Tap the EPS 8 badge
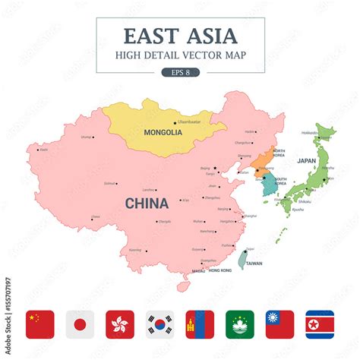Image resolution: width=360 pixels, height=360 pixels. pyautogui.click(x=181, y=72)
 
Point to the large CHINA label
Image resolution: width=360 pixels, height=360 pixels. pyautogui.click(x=147, y=203)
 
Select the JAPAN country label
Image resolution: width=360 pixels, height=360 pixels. pyautogui.click(x=306, y=161)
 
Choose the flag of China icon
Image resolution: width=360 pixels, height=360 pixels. pyautogui.click(x=40, y=324)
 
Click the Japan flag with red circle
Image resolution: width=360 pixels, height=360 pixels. pyautogui.click(x=80, y=324)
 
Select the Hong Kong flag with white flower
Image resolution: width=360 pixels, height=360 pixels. pyautogui.click(x=120, y=324)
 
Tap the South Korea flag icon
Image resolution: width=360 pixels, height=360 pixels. pyautogui.click(x=160, y=324)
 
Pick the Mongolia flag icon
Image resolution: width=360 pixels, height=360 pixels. pyautogui.click(x=200, y=324)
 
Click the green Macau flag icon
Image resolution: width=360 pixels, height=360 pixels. pyautogui.click(x=240, y=324)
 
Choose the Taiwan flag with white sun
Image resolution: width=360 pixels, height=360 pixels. pyautogui.click(x=279, y=324)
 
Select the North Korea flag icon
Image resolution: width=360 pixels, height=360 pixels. pyautogui.click(x=320, y=324)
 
